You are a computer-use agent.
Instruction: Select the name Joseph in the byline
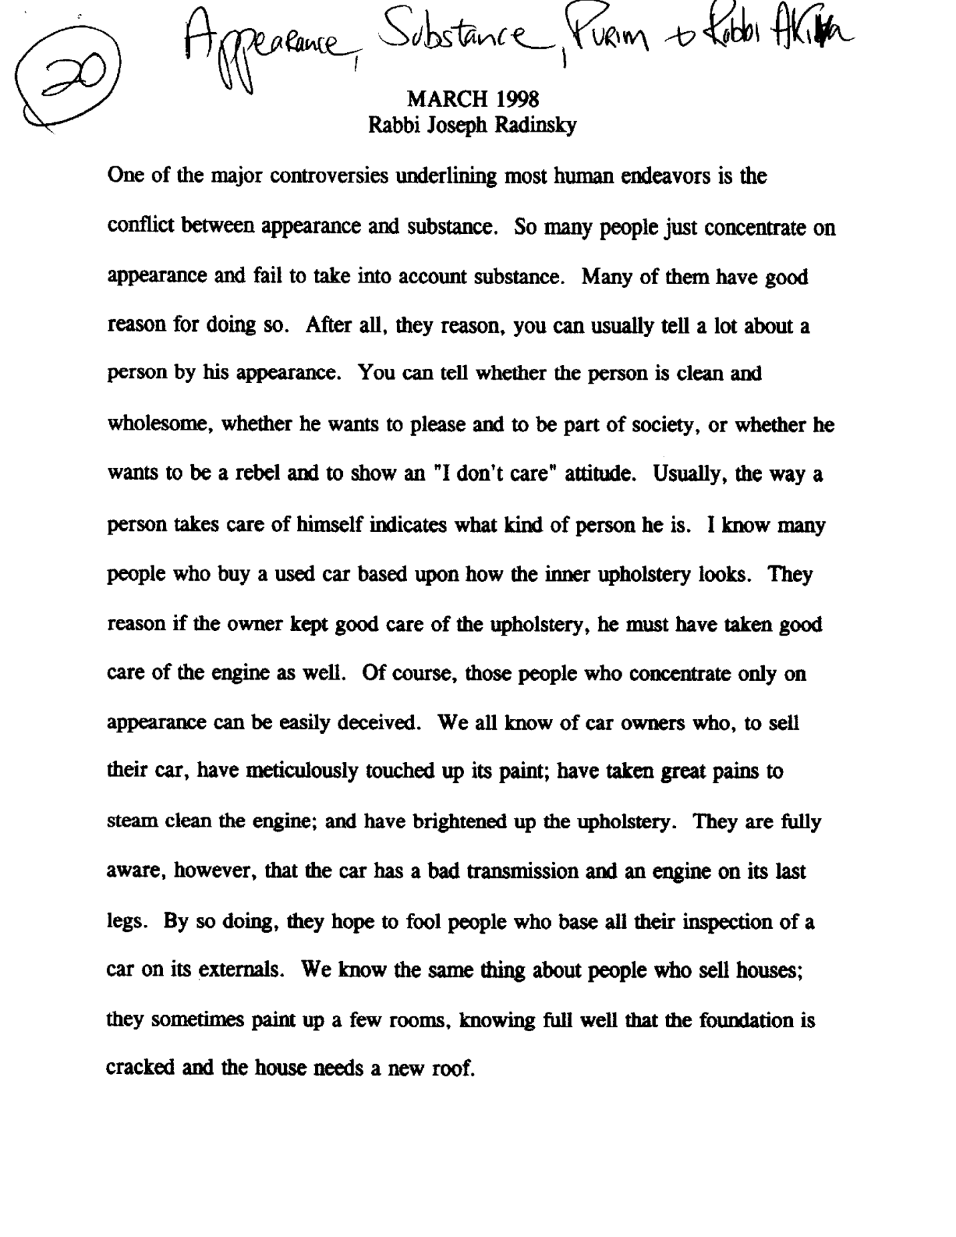(457, 126)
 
